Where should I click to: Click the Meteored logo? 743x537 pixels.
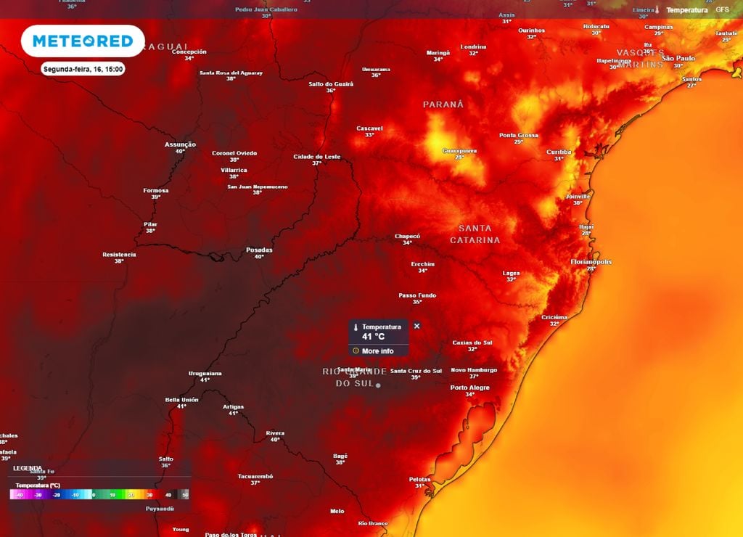point(83,41)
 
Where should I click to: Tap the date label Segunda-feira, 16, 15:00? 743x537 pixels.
point(83,69)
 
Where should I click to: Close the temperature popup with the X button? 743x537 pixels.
point(416,327)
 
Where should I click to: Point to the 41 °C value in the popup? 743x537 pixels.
point(374,337)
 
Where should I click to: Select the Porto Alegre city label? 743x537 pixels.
point(469,388)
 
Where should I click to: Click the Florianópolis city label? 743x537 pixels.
point(591,261)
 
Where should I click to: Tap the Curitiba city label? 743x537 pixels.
point(559,152)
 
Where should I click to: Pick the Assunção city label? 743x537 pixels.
point(180,144)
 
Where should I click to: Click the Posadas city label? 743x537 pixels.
point(259,250)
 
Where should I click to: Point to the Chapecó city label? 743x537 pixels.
point(407,236)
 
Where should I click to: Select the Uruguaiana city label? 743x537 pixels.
point(204,373)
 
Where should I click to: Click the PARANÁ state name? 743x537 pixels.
point(443,104)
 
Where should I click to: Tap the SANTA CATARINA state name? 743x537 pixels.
point(475,234)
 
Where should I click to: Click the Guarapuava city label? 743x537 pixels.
point(459,150)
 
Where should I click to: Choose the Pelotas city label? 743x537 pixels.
point(419,479)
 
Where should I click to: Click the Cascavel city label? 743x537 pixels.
point(369,128)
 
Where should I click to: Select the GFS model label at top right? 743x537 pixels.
point(722,10)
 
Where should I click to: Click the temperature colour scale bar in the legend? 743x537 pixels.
point(99,494)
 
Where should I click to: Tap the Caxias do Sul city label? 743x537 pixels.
point(472,343)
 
